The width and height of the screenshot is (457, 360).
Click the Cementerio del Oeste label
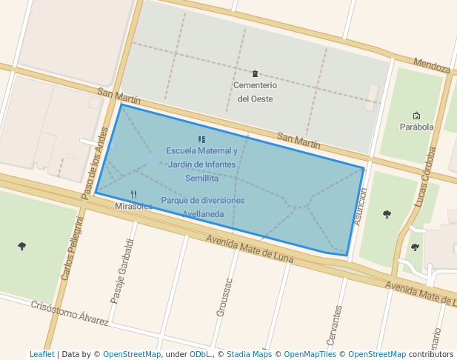[x=255, y=92]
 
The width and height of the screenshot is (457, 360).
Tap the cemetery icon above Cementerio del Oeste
[x=256, y=73]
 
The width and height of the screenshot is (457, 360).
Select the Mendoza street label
[x=432, y=67]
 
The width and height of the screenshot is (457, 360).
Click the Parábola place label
[x=416, y=127]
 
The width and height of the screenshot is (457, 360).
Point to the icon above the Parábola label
[x=416, y=115]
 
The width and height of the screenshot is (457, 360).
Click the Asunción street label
[x=360, y=206]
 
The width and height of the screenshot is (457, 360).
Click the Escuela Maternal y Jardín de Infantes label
[x=201, y=158]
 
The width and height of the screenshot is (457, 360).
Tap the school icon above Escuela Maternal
[x=201, y=139]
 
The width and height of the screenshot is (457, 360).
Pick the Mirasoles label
[x=133, y=207]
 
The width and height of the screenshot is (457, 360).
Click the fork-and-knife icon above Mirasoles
[x=133, y=194]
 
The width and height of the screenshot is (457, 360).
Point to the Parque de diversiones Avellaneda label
[x=202, y=207]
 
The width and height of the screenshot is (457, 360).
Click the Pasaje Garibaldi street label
[x=121, y=271]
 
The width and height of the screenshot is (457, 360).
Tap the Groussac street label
[x=224, y=298]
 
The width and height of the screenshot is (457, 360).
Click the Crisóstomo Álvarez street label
[x=70, y=313]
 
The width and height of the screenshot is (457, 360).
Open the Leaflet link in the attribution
[x=41, y=354]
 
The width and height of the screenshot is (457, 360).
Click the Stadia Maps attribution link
[x=249, y=354]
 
